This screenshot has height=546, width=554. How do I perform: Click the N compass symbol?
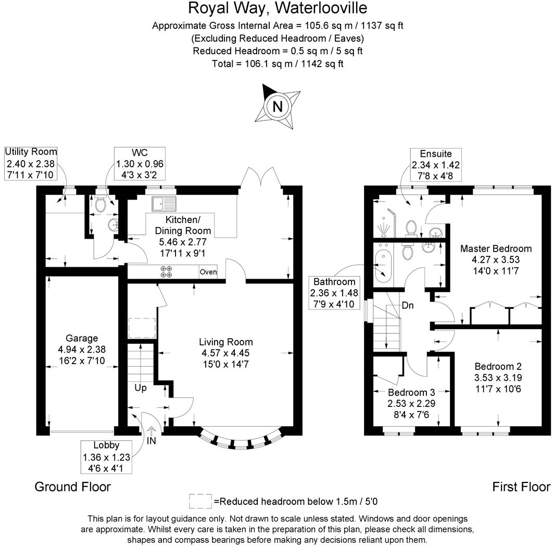click(x=278, y=106)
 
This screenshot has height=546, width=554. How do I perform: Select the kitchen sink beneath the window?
click(x=165, y=203)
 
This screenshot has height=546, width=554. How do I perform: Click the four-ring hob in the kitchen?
click(x=167, y=272)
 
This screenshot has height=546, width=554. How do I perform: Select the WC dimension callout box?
click(x=140, y=163)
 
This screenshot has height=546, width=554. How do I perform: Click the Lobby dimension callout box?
click(x=106, y=456)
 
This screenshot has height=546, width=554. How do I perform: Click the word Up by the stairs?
click(x=141, y=388)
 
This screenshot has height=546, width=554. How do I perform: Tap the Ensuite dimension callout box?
click(x=436, y=164)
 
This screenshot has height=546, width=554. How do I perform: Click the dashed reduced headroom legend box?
click(x=200, y=501)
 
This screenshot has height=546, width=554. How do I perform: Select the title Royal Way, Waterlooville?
click(x=278, y=8)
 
